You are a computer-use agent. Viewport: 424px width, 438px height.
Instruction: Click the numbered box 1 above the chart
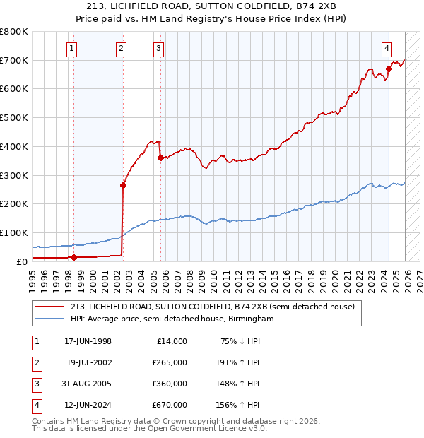click(x=73, y=49)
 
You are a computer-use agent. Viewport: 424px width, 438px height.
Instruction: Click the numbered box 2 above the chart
click(x=122, y=49)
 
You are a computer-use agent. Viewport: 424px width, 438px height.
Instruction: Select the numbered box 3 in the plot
click(x=158, y=49)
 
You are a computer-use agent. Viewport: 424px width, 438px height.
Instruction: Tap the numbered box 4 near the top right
click(x=387, y=49)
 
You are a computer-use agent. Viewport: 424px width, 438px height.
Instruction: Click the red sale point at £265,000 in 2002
click(x=123, y=186)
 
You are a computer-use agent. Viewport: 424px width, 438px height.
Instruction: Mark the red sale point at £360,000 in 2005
click(x=160, y=158)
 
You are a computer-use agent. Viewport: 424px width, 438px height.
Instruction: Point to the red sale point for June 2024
click(x=389, y=69)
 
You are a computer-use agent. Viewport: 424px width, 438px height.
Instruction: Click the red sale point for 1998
click(x=73, y=258)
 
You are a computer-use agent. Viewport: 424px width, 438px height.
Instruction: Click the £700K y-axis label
click(x=13, y=60)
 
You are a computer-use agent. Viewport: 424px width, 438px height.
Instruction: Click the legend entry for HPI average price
click(x=172, y=319)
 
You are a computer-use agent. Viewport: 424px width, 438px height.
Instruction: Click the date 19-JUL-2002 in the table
click(x=88, y=363)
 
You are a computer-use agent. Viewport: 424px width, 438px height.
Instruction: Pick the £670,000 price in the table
click(x=170, y=405)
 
